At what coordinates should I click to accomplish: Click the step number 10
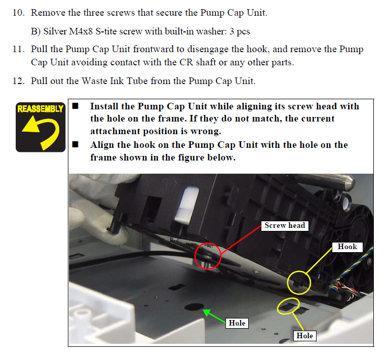pyautogui.click(x=19, y=13)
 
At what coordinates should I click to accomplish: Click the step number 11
pyautogui.click(x=19, y=49)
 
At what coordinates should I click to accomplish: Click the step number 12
pyautogui.click(x=19, y=81)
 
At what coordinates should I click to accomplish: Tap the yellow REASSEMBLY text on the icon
pyautogui.click(x=41, y=109)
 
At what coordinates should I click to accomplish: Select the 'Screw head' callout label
pyautogui.click(x=285, y=225)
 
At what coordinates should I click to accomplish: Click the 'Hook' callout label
pyautogui.click(x=347, y=247)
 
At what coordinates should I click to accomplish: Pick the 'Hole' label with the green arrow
pyautogui.click(x=237, y=323)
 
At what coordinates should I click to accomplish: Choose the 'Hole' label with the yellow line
pyautogui.click(x=305, y=336)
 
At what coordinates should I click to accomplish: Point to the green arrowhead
pyautogui.click(x=207, y=312)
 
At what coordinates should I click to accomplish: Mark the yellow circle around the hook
pyautogui.click(x=288, y=283)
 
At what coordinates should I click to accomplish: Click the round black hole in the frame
pyautogui.click(x=194, y=306)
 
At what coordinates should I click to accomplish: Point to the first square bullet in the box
pyautogui.click(x=75, y=106)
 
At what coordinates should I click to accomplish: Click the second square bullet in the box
pyautogui.click(x=75, y=145)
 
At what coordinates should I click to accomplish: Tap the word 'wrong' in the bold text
pyautogui.click(x=206, y=131)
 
